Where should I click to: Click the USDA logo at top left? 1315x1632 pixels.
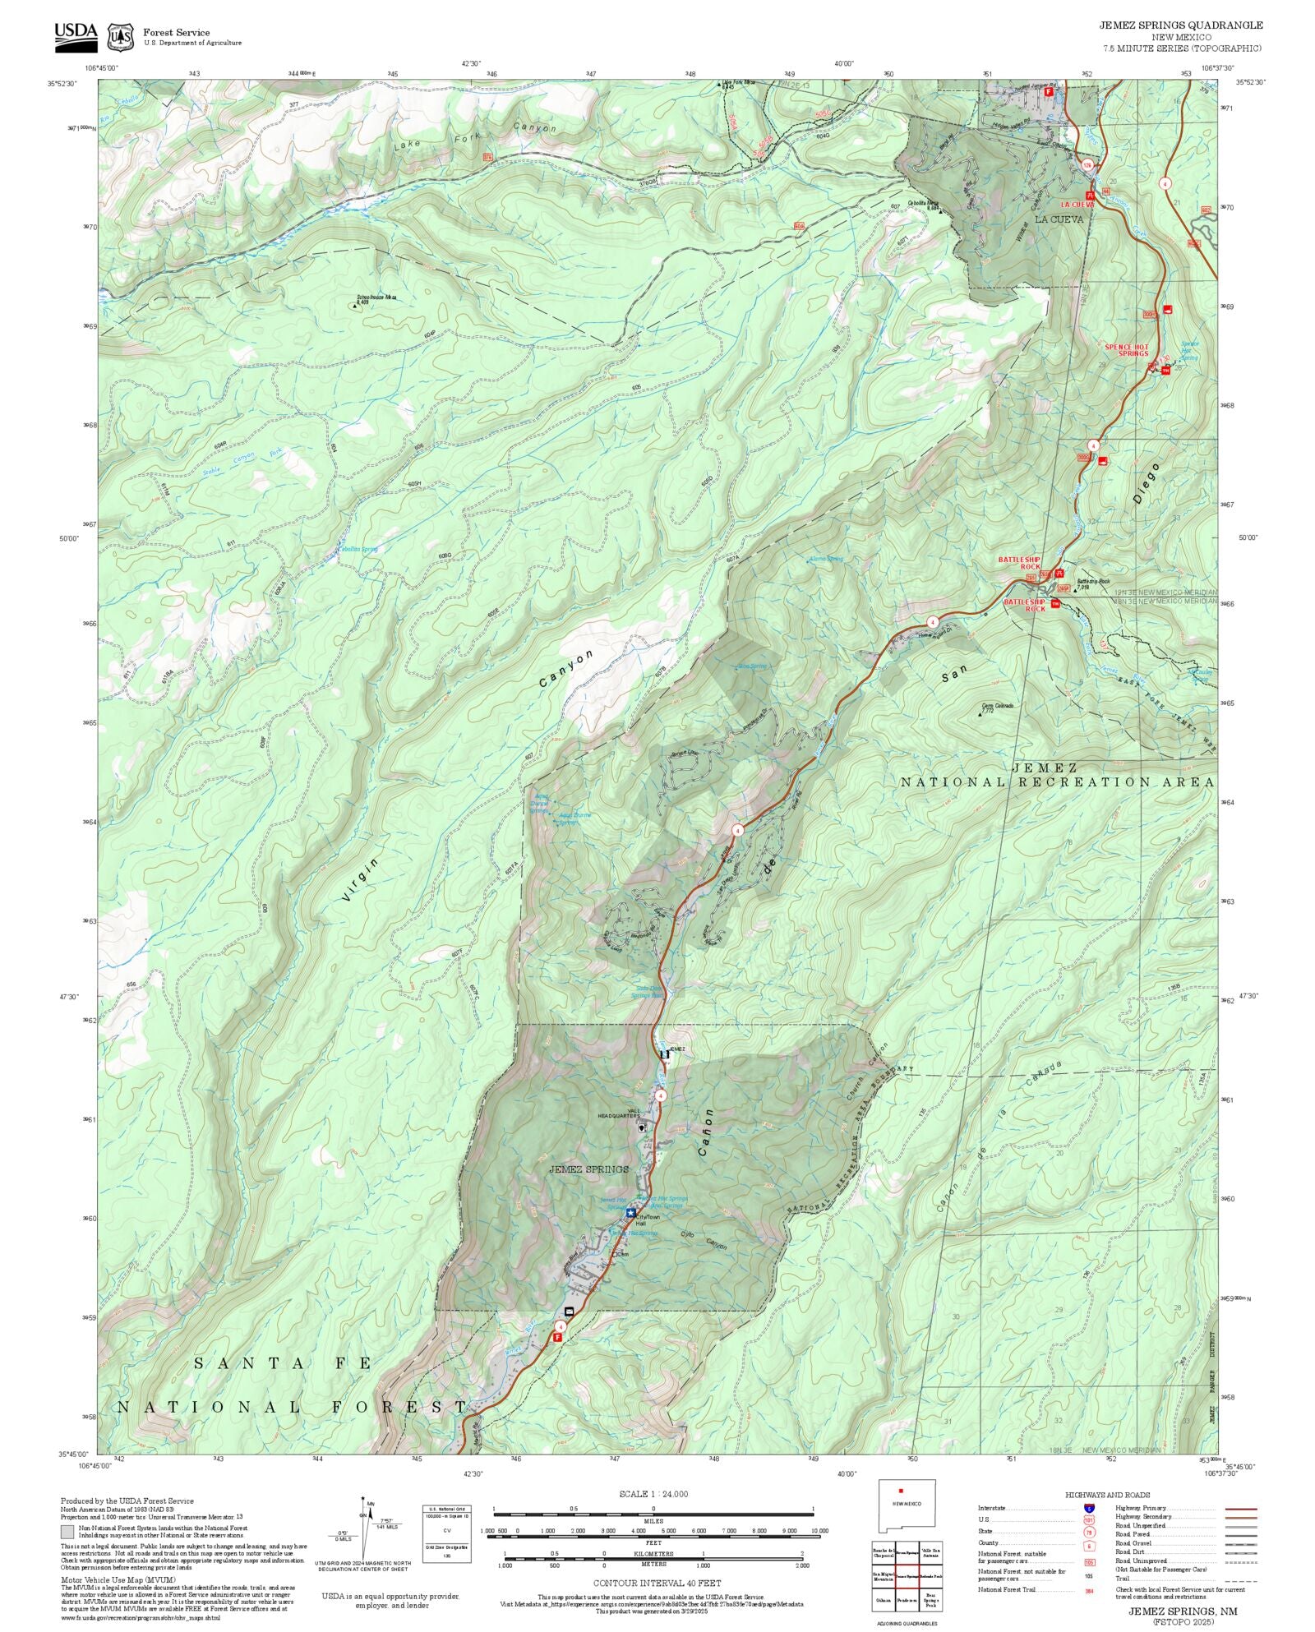pyautogui.click(x=76, y=37)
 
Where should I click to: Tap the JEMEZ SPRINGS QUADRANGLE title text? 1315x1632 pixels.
pyautogui.click(x=1180, y=25)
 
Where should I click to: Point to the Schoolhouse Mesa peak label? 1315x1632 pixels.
pyautogui.click(x=376, y=299)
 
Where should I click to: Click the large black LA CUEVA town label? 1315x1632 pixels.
pyautogui.click(x=1059, y=219)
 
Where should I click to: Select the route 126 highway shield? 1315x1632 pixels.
pyautogui.click(x=1087, y=165)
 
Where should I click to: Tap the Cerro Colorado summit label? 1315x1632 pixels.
pyautogui.click(x=997, y=706)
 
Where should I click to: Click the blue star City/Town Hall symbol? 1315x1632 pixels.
pyautogui.click(x=630, y=1213)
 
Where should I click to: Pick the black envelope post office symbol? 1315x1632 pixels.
pyautogui.click(x=569, y=1311)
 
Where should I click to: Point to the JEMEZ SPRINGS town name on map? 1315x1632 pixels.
pyautogui.click(x=588, y=1169)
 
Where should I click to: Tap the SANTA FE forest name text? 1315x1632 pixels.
pyautogui.click(x=283, y=1363)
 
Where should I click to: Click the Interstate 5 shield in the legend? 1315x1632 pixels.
pyautogui.click(x=1089, y=1509)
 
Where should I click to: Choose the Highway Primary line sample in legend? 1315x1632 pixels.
pyautogui.click(x=1241, y=1509)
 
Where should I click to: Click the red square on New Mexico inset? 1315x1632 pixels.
pyautogui.click(x=901, y=1491)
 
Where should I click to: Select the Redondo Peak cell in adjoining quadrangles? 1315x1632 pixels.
pyautogui.click(x=930, y=1577)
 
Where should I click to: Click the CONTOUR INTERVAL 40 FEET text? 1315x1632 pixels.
pyautogui.click(x=657, y=1583)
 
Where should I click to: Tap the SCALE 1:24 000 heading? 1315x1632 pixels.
pyautogui.click(x=653, y=1494)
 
